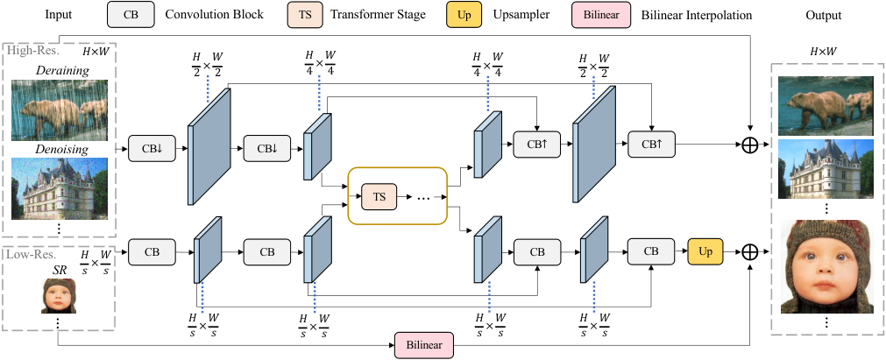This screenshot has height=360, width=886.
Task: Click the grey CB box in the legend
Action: point(131,15)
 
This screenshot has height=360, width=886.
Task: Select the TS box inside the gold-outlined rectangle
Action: point(379,196)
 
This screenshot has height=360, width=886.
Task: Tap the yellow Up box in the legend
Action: point(464,15)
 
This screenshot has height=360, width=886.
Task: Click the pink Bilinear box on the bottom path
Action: point(424,344)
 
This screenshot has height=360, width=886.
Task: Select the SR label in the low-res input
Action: point(60,270)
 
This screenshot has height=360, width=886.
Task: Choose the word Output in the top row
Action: point(823,15)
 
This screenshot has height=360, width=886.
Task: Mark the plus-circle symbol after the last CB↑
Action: point(749,145)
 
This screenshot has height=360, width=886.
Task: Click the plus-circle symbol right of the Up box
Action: point(749,251)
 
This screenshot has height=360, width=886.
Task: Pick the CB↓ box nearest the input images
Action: point(152,149)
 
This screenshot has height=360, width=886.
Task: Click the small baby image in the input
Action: point(59,296)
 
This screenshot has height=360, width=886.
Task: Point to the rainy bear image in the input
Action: point(60,109)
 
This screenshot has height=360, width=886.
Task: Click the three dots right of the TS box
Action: point(423,198)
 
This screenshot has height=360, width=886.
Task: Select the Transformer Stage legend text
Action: point(378,15)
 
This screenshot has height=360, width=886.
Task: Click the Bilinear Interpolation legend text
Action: point(697,15)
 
